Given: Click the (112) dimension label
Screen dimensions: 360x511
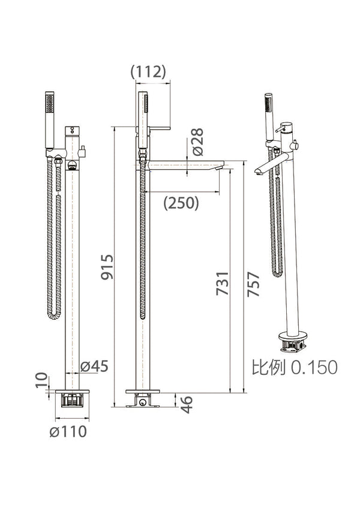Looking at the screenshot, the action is click(x=148, y=71).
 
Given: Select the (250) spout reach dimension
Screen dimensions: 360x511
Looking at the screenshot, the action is click(x=181, y=203).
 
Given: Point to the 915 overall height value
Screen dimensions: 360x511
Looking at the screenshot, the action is click(x=107, y=267).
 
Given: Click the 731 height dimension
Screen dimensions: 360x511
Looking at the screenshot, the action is click(x=223, y=283).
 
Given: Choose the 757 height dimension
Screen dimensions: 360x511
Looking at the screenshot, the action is click(x=253, y=284).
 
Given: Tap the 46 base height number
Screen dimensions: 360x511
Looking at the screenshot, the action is click(x=187, y=405).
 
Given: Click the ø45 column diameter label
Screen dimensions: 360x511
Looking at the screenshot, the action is click(x=94, y=366).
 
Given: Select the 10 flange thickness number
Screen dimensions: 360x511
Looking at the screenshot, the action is click(x=41, y=380).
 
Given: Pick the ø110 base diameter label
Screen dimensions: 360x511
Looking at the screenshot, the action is click(x=68, y=431).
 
